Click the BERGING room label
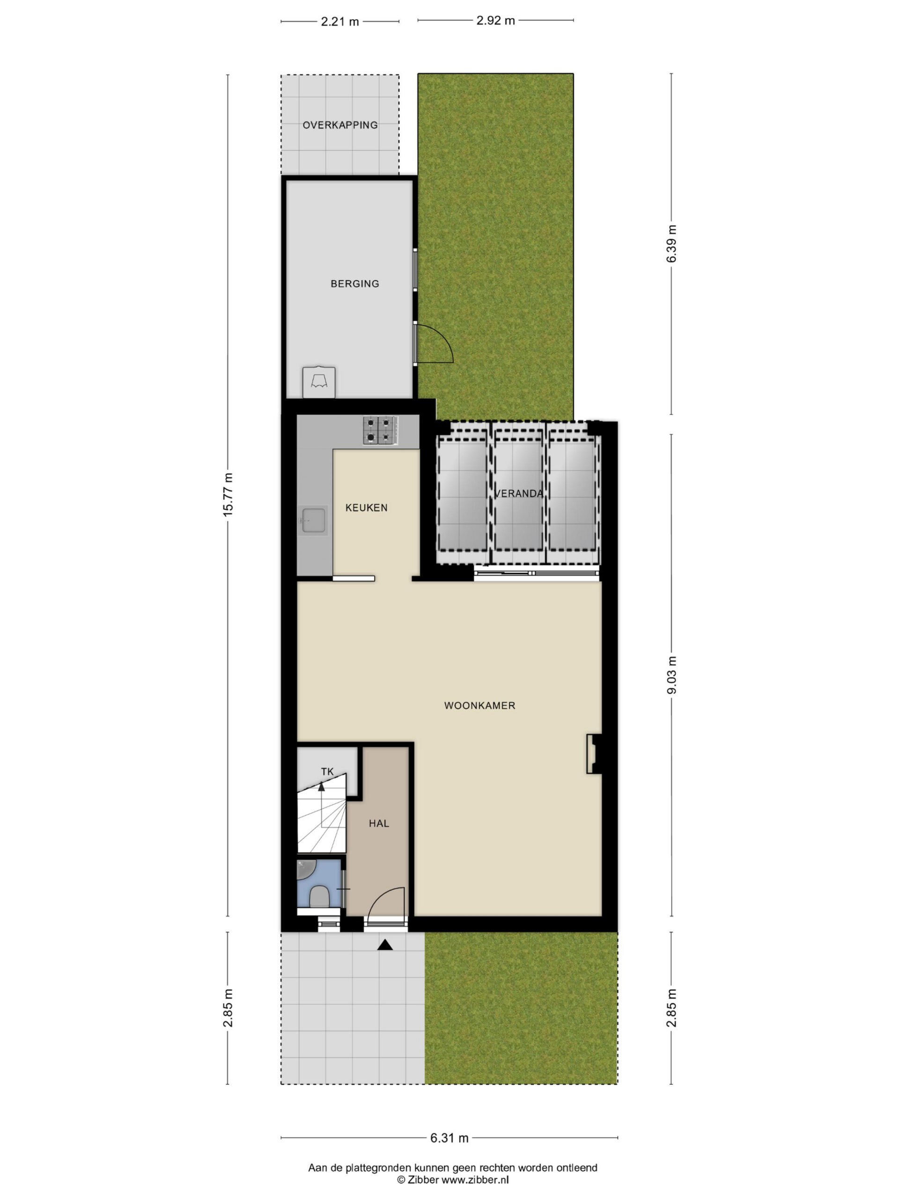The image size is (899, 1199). pyautogui.click(x=355, y=283)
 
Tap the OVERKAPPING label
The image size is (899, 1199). pyautogui.click(x=340, y=125)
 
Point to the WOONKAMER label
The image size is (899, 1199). pyautogui.click(x=479, y=706)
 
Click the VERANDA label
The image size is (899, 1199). pyautogui.click(x=519, y=494)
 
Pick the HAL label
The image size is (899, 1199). pyautogui.click(x=379, y=823)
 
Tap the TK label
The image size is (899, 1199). pyautogui.click(x=327, y=772)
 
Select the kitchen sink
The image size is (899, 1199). pyautogui.click(x=313, y=521)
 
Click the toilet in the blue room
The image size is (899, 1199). pyautogui.click(x=319, y=897)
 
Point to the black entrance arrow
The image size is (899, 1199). pyautogui.click(x=385, y=945)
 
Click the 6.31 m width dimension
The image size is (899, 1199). pyautogui.click(x=449, y=1138)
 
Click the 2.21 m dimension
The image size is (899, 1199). pyautogui.click(x=340, y=22)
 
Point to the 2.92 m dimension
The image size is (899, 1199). pyautogui.click(x=495, y=21)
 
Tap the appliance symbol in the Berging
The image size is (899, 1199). pyautogui.click(x=319, y=382)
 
